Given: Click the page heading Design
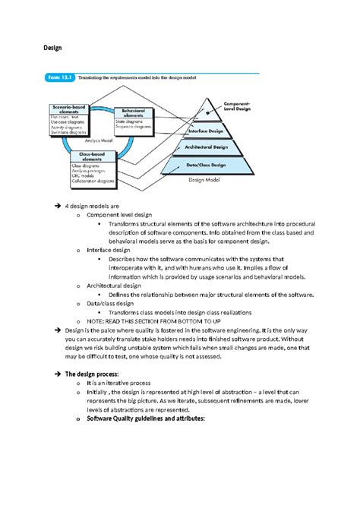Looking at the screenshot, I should tap(52, 47).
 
